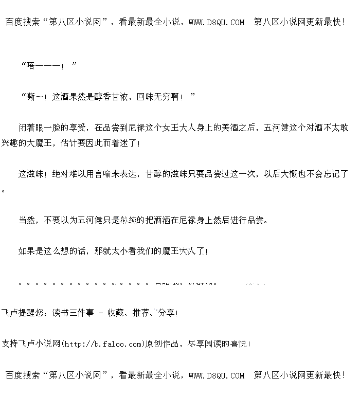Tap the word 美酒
coord(224,128)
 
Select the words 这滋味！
coord(33,174)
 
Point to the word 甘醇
coord(153,174)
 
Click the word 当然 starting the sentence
coord(27,220)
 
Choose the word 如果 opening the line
coord(27,251)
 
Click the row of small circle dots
coord(82,282)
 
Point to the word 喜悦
coord(239,344)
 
